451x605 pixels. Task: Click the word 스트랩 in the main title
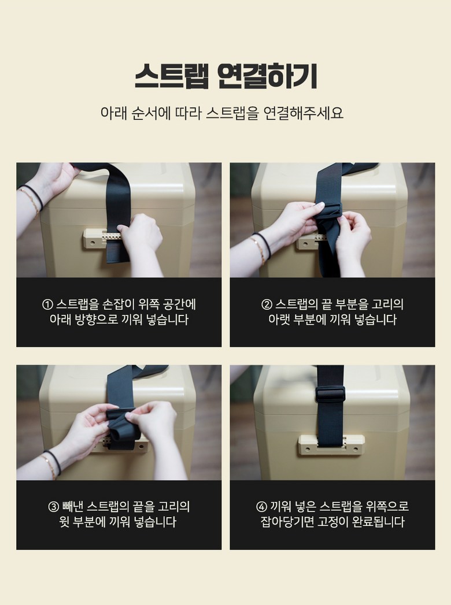(172, 76)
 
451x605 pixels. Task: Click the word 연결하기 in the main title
(267, 76)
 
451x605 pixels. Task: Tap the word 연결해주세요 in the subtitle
(303, 113)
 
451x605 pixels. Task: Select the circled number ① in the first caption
(47, 305)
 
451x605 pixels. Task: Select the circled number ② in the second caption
(267, 305)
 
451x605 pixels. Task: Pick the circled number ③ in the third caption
(53, 507)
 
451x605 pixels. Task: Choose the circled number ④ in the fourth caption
(261, 507)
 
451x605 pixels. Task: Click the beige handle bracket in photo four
(331, 445)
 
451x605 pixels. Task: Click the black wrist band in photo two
(262, 244)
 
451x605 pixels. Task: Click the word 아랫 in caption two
(279, 320)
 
